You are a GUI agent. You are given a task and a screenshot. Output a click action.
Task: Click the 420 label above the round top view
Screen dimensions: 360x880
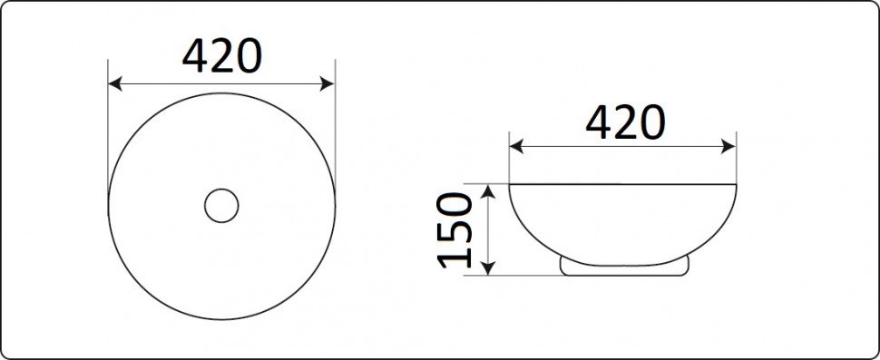[x=222, y=58]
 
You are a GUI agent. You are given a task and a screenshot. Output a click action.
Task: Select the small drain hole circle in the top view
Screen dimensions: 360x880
[x=220, y=206]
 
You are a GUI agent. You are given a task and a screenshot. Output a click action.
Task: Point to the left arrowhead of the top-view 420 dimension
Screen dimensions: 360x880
[x=114, y=84]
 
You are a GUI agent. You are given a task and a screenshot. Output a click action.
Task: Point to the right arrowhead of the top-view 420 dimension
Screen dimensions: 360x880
[x=329, y=84]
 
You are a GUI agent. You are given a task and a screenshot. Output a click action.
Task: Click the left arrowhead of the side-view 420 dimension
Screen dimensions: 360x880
[x=515, y=145]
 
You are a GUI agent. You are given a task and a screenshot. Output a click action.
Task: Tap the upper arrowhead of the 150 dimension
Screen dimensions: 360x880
[x=488, y=190]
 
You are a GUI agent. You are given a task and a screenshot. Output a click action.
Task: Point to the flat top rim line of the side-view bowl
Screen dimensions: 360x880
[x=623, y=183]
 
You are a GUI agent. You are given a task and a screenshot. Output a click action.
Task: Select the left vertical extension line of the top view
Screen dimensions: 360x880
[x=108, y=136]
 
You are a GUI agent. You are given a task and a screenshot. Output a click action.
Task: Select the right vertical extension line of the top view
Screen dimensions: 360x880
[x=336, y=136]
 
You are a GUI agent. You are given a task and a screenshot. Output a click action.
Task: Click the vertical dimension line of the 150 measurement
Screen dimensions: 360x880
[x=488, y=229]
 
